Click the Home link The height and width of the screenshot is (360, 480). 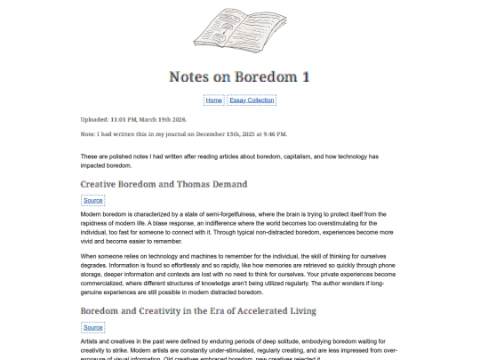213,100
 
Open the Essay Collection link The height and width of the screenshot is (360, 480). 252,100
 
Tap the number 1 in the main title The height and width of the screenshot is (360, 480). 305,76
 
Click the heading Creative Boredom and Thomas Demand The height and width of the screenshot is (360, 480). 164,184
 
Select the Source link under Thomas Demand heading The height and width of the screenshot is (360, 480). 93,201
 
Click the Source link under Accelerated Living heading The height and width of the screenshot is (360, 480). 93,327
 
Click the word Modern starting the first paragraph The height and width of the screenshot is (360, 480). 91,214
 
